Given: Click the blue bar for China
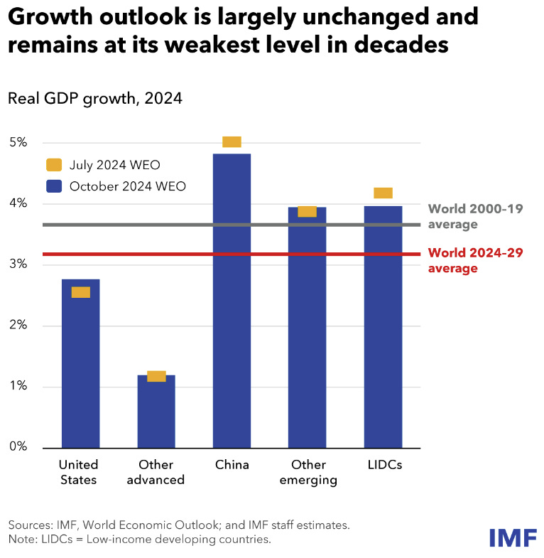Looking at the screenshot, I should pyautogui.click(x=232, y=302).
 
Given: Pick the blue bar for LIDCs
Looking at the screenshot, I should pyautogui.click(x=383, y=327).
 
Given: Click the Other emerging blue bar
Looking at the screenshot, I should pyautogui.click(x=307, y=327).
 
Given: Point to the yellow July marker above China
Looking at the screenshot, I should pyautogui.click(x=232, y=141).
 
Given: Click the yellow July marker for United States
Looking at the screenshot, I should pyautogui.click(x=81, y=292).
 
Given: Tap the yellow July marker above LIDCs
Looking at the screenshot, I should pyautogui.click(x=383, y=193).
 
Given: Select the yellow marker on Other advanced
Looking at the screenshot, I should pyautogui.click(x=156, y=376).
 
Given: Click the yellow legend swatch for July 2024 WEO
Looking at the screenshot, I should pyautogui.click(x=54, y=165).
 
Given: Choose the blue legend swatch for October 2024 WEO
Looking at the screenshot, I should pyautogui.click(x=54, y=186).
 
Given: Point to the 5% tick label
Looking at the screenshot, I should pyautogui.click(x=18, y=143).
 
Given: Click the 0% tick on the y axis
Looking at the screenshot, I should pyautogui.click(x=18, y=447).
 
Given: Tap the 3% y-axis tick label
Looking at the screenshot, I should pyautogui.click(x=18, y=264).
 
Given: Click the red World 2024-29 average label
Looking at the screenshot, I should pyautogui.click(x=475, y=260).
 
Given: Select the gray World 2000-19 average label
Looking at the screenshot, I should pyautogui.click(x=475, y=217).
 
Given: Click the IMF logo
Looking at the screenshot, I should pyautogui.click(x=513, y=537).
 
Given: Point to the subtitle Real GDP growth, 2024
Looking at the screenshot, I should pyautogui.click(x=95, y=99).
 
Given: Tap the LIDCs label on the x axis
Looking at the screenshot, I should pyautogui.click(x=383, y=465).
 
